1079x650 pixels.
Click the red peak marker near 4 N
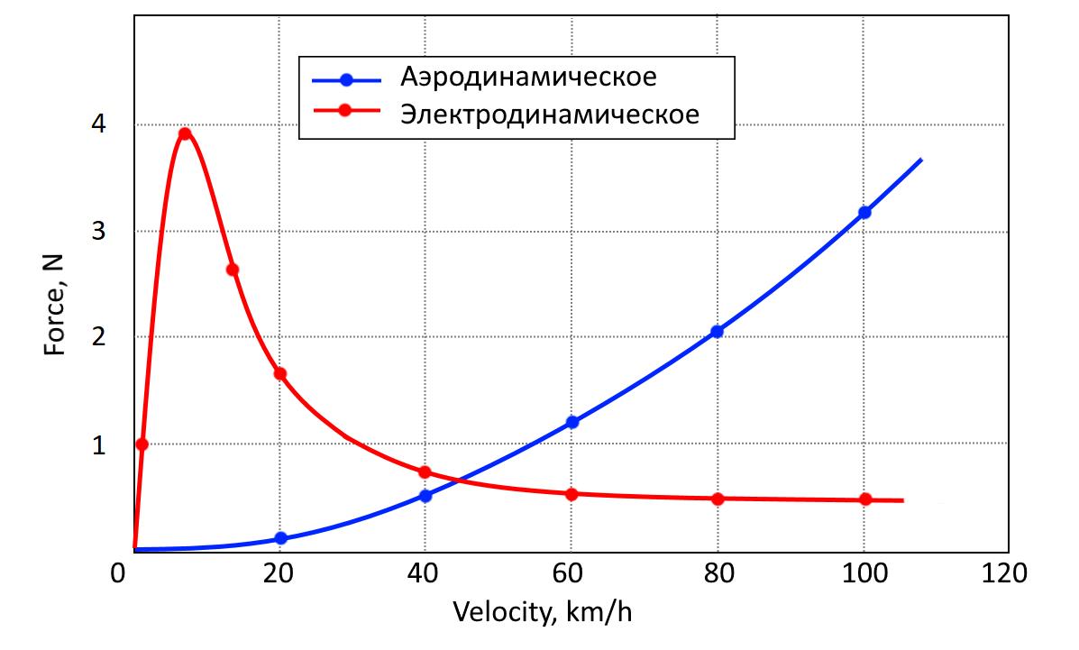click(185, 133)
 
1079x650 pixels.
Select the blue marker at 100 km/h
click(864, 212)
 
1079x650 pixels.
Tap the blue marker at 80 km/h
click(717, 331)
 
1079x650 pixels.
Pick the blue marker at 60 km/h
click(572, 422)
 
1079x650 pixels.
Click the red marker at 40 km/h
click(425, 472)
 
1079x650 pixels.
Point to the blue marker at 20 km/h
click(280, 538)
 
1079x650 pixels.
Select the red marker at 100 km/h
click(865, 499)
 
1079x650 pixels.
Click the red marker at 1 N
click(142, 444)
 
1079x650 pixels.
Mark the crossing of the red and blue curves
click(458, 480)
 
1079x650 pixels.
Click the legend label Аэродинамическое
click(528, 76)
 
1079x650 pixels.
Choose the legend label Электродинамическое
click(550, 116)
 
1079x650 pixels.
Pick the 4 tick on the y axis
click(98, 124)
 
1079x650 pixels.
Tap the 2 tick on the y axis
click(98, 337)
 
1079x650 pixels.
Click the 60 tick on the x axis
click(572, 572)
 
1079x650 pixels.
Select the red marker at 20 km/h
click(279, 373)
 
